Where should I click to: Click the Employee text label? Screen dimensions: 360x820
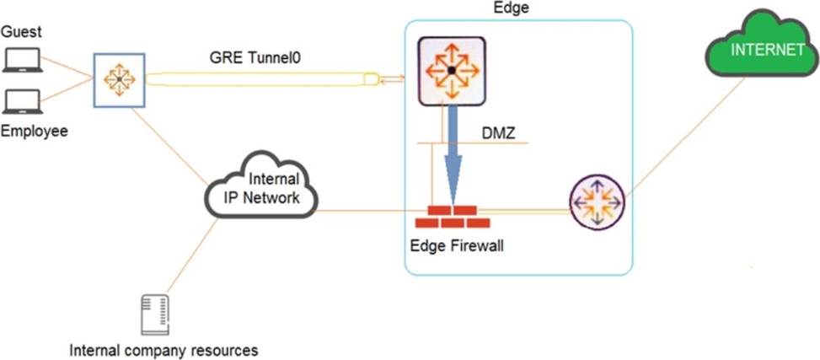(33, 132)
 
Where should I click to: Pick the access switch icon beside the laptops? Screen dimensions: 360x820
(119, 81)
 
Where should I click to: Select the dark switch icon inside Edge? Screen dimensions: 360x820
(452, 72)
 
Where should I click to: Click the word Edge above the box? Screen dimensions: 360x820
(510, 8)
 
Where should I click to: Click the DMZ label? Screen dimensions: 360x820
(499, 133)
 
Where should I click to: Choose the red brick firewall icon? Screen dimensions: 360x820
(453, 216)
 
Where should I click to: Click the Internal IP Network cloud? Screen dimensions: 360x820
(262, 188)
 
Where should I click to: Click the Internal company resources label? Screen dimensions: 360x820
(163, 349)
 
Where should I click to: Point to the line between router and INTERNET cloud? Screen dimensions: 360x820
(683, 139)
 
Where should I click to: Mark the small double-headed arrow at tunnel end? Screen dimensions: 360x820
(393, 79)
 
